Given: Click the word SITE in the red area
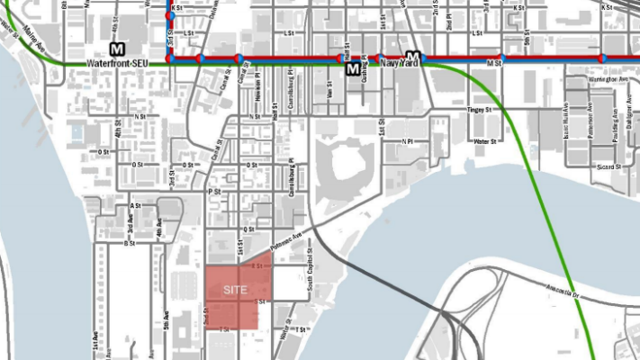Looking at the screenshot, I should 235,291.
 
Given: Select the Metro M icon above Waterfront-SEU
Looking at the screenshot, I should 116,48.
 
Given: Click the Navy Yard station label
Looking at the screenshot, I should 401,64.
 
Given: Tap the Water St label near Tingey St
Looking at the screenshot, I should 486,141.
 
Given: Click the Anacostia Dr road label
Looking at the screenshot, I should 563,291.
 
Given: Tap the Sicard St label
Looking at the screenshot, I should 609,167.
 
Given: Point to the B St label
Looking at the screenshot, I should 130,243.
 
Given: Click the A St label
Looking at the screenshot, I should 135,206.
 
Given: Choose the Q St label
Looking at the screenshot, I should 250,229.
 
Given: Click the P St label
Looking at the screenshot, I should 214,192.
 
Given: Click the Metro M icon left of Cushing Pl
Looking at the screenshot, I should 352,68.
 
